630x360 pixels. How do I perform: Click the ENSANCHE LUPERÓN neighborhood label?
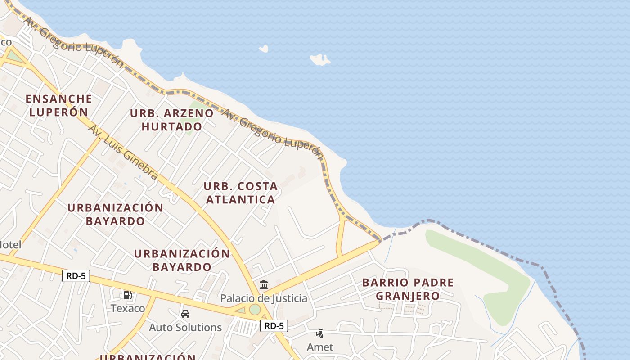pos(58,105)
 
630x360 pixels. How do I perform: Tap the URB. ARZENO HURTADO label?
pos(171,120)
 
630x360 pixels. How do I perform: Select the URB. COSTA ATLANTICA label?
pos(240,193)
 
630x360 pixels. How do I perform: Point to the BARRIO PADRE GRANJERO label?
pos(408,289)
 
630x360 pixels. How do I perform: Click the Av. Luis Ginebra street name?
pos(123,152)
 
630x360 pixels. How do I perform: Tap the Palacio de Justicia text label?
pos(264,298)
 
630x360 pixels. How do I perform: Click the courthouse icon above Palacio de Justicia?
pos(264,285)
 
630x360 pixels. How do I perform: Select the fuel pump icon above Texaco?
pos(128,295)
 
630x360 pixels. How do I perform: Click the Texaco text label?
pos(128,308)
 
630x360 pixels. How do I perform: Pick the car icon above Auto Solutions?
pos(185,314)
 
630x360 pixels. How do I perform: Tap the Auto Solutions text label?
pos(185,327)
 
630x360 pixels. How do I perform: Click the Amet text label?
pos(320,347)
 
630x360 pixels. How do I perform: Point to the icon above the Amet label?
pos(320,334)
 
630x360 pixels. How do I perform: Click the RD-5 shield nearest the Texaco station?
pos(76,276)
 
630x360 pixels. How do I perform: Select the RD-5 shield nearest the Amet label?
pos(274,326)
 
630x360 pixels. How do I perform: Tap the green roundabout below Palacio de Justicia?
pos(255,310)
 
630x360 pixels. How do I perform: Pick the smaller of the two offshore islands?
pos(264,49)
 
